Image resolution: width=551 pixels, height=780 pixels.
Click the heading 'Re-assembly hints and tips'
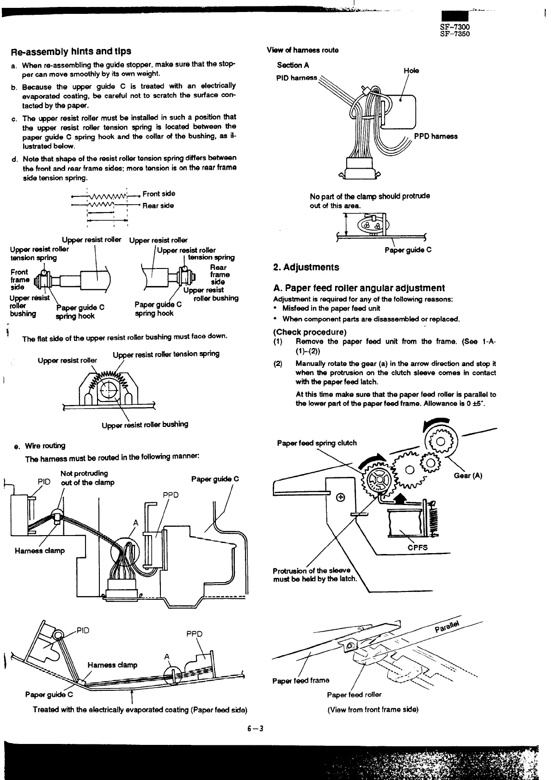point(71,51)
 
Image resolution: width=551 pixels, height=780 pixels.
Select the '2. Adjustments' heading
point(306,267)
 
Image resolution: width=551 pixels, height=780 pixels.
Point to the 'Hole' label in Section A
point(411,71)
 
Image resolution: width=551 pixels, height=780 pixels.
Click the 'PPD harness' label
point(435,136)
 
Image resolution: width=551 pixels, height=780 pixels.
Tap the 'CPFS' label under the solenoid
point(417,548)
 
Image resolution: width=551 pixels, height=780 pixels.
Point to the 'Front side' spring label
point(159,194)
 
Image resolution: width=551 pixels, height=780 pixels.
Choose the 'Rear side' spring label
point(158,206)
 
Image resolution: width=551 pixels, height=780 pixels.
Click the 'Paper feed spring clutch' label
point(317,443)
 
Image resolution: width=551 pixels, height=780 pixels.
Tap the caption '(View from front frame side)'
point(373,709)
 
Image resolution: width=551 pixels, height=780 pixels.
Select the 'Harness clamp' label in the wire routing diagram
point(40,550)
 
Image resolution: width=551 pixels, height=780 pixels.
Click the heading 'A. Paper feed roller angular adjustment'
point(359,288)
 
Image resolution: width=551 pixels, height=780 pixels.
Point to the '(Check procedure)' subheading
point(310,332)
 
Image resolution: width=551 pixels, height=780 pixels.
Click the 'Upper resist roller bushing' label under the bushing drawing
point(145,424)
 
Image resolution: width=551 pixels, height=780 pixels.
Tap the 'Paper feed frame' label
point(300,680)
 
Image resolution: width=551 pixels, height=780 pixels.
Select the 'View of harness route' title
point(302,50)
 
